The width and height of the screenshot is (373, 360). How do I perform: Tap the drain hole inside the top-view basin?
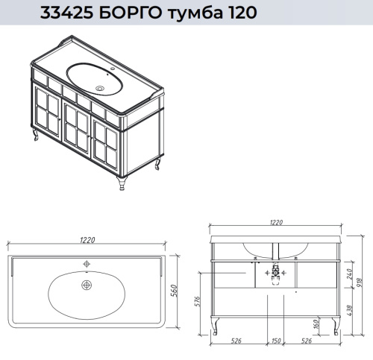(x=87, y=285)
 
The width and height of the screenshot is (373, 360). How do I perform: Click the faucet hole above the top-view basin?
(x=87, y=264)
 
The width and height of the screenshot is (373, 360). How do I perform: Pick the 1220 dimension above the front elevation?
(x=278, y=222)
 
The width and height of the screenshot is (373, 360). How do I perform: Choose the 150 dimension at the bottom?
(x=277, y=342)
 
